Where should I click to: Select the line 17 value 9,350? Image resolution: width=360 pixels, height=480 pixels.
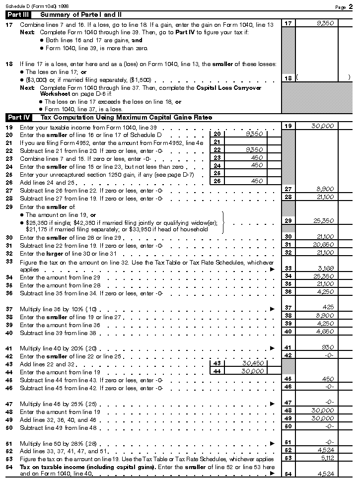(325, 23)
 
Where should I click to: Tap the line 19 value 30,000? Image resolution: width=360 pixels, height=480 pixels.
(322, 126)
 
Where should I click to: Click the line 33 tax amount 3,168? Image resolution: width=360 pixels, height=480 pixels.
(325, 269)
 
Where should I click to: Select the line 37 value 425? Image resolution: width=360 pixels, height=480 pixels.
(327, 308)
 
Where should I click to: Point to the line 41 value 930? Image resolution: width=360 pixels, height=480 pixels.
(327, 347)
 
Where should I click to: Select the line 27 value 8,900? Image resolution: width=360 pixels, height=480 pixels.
(325, 189)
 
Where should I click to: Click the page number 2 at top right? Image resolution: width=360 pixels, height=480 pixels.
(351, 6)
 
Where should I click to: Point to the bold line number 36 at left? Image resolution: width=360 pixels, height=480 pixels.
(9, 293)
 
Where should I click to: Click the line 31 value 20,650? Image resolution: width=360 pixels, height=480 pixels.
(324, 245)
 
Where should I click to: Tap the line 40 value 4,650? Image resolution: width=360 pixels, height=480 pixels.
(325, 332)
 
